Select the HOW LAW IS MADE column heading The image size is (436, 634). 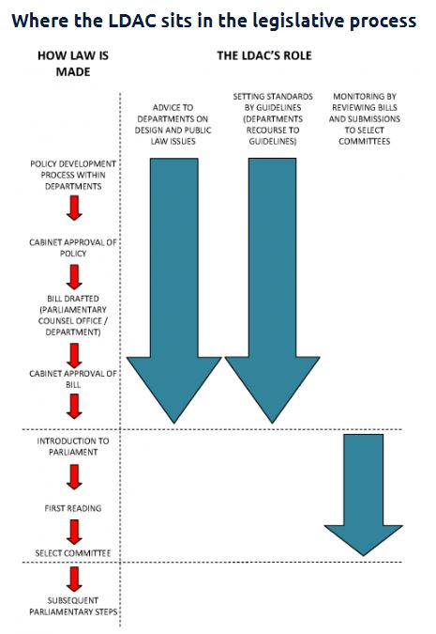[72, 63]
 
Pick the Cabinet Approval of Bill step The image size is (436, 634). [73, 379]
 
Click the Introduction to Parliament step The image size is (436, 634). [73, 446]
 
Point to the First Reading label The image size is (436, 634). [73, 508]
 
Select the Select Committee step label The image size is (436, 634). [73, 553]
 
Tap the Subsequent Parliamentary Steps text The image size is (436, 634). [73, 606]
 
